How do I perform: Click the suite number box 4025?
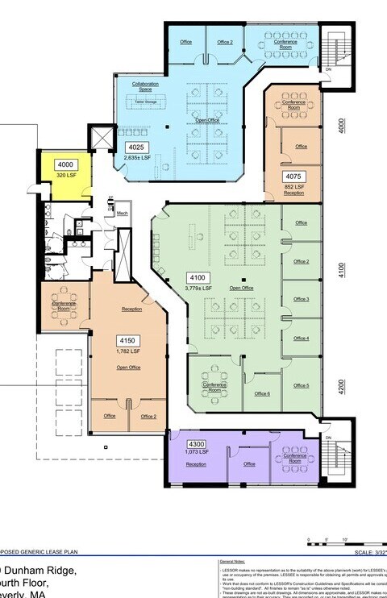[x=135, y=147]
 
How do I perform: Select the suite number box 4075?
[x=293, y=176]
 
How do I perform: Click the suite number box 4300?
[x=196, y=444]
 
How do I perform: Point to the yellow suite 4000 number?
[x=65, y=164]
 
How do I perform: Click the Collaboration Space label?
[x=145, y=86]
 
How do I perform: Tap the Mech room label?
[x=122, y=214]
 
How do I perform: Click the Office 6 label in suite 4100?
[x=262, y=393]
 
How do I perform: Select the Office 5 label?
[x=301, y=385]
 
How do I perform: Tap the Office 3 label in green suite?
[x=301, y=299]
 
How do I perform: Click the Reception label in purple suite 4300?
[x=195, y=464]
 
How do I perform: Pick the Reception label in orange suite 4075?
[x=293, y=193]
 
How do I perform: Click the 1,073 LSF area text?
[x=197, y=453]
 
